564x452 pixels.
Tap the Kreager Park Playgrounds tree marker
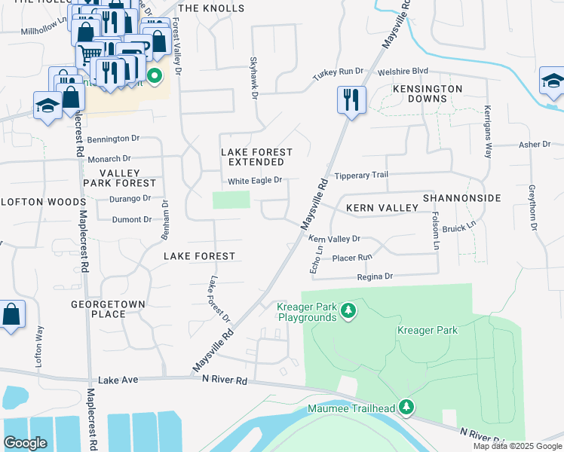(348, 310)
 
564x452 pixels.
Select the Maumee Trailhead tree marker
(406, 408)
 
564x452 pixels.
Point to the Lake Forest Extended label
(256, 157)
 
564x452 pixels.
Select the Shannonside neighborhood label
(461, 197)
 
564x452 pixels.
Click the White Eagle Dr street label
(255, 181)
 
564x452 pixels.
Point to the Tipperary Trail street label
(361, 175)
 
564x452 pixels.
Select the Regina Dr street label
(375, 276)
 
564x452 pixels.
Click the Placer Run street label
(352, 257)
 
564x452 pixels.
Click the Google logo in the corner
(25, 443)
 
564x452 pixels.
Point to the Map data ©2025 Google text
(516, 446)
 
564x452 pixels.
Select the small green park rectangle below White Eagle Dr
(231, 200)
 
